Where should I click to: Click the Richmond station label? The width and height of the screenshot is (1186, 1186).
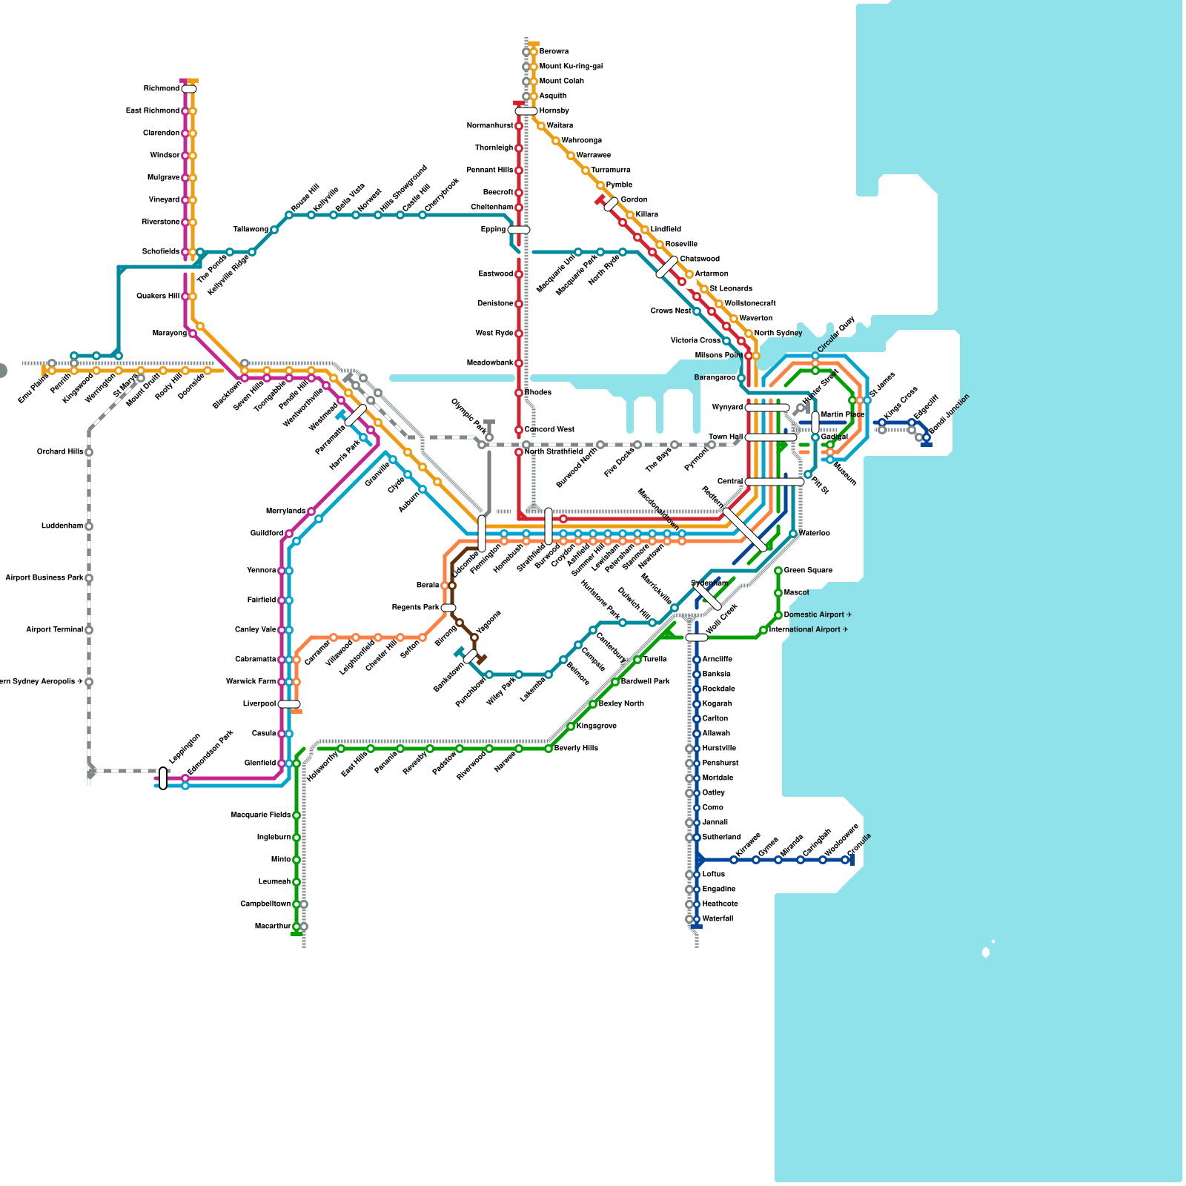[161, 89]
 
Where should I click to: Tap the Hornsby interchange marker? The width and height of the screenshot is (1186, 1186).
[526, 111]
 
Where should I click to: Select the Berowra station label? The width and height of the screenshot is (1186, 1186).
[554, 52]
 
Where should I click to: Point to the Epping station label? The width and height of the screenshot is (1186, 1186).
[493, 230]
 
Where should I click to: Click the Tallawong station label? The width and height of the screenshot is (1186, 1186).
[251, 230]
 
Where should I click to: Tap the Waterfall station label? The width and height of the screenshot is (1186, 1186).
[718, 919]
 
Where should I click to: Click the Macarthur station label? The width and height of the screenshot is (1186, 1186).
[272, 927]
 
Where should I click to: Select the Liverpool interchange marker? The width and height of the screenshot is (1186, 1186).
[289, 704]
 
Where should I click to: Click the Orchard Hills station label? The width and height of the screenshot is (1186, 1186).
[60, 452]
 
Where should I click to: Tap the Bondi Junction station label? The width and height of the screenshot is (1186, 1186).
[949, 414]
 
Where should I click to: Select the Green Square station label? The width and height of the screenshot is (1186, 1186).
[808, 571]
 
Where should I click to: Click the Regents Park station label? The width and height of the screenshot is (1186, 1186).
[415, 608]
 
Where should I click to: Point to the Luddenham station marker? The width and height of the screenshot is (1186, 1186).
[89, 526]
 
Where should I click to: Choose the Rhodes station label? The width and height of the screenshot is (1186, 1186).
[537, 393]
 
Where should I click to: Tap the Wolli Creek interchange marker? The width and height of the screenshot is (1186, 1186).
[697, 637]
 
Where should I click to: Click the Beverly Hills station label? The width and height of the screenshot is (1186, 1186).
[576, 749]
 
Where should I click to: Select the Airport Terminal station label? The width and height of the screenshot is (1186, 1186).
[54, 630]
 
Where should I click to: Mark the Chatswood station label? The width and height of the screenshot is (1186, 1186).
[700, 259]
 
